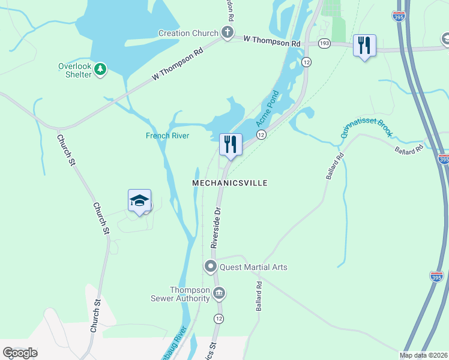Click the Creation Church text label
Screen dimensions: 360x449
pyautogui.click(x=188, y=33)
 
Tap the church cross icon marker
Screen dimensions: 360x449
pyautogui.click(x=227, y=33)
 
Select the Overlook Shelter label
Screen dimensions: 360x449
pyautogui.click(x=75, y=70)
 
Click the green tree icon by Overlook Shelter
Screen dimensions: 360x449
pyautogui.click(x=100, y=70)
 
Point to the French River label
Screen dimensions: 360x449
pyautogui.click(x=167, y=136)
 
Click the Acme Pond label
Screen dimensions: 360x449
pyautogui.click(x=268, y=108)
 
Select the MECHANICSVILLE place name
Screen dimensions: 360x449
pyautogui.click(x=229, y=182)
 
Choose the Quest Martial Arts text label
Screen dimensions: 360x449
pyautogui.click(x=254, y=267)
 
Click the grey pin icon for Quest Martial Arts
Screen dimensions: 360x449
pyautogui.click(x=211, y=266)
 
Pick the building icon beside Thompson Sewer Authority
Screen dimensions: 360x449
pyautogui.click(x=218, y=293)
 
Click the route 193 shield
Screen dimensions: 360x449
pyautogui.click(x=324, y=43)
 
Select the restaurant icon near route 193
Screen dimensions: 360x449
pyautogui.click(x=364, y=45)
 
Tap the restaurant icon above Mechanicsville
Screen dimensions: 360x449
pyautogui.click(x=231, y=144)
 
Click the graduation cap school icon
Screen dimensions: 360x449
pyautogui.click(x=139, y=200)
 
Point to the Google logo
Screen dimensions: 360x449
pyautogui.click(x=20, y=352)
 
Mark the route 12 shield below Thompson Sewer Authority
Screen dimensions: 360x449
pyautogui.click(x=217, y=318)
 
